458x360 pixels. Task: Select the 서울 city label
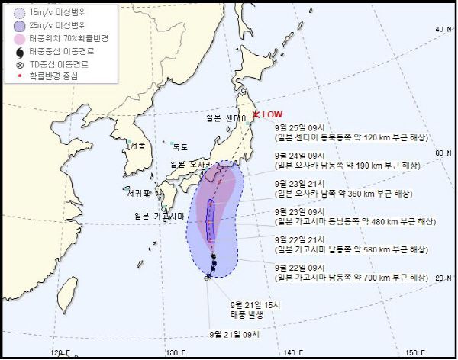(137, 145)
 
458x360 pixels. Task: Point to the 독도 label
(180, 146)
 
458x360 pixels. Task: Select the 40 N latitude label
(441, 29)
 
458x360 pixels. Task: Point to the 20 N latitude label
(441, 278)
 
